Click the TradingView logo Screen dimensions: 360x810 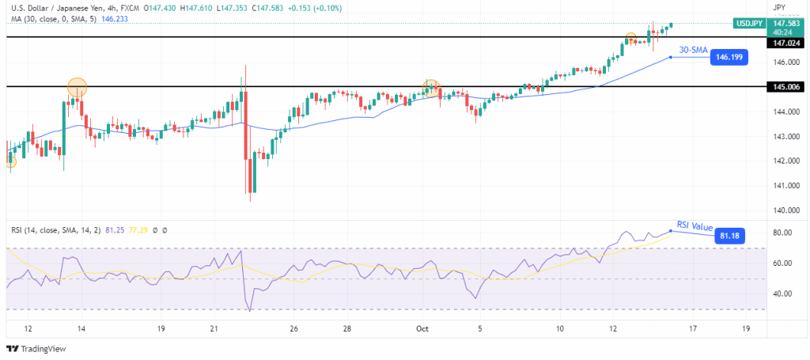(37, 349)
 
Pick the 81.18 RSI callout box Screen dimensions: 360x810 (729, 235)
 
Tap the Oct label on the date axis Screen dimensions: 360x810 (422, 328)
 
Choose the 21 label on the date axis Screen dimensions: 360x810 (214, 328)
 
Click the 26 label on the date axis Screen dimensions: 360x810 (293, 328)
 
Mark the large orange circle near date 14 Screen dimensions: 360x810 (77, 87)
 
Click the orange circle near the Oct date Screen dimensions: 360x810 (431, 86)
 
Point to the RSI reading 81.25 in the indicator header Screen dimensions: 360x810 (115, 229)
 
